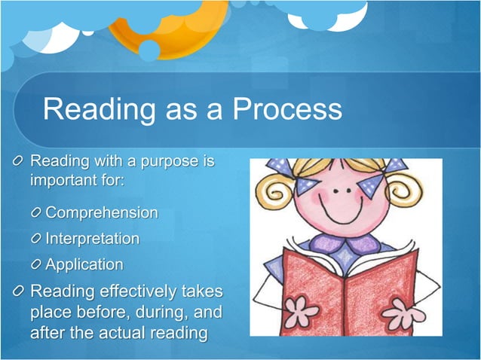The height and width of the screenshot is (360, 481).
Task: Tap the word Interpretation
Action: pos(93,239)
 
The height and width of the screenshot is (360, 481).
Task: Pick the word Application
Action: pos(84,264)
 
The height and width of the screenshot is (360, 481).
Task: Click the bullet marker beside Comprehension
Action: pos(35,213)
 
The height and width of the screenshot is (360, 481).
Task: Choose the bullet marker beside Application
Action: pos(35,265)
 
